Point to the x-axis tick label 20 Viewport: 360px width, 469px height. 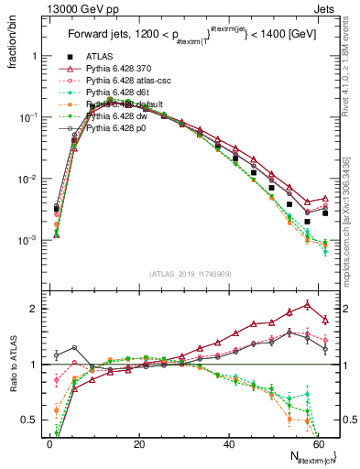pos(139,443)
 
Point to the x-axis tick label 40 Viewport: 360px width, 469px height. pos(229,443)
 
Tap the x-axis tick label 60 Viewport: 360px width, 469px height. pos(319,443)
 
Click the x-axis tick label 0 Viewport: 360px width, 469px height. pos(49,443)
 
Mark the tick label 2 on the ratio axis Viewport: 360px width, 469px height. pos(33,309)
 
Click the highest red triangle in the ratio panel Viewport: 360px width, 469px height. pos(307,304)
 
